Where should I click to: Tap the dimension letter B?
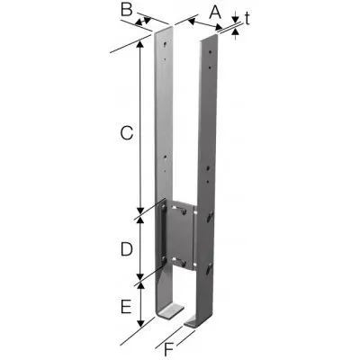tap(126, 11)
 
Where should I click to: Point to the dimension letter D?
tap(128, 246)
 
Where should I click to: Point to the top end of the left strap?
tap(163, 31)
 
